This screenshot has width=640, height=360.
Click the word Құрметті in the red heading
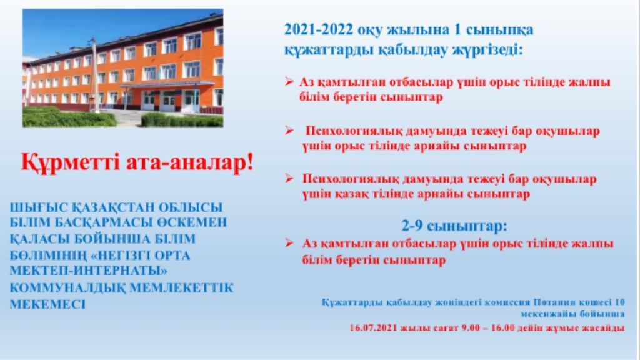click(x=70, y=162)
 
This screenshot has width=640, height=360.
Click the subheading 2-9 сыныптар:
click(x=454, y=226)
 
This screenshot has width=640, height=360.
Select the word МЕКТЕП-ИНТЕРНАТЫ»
click(x=88, y=271)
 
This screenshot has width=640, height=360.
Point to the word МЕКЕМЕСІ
click(x=47, y=304)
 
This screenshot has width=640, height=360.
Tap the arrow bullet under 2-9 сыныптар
click(x=289, y=243)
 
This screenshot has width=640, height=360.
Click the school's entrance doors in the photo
click(x=169, y=101)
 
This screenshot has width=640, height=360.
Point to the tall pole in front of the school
click(x=95, y=76)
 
